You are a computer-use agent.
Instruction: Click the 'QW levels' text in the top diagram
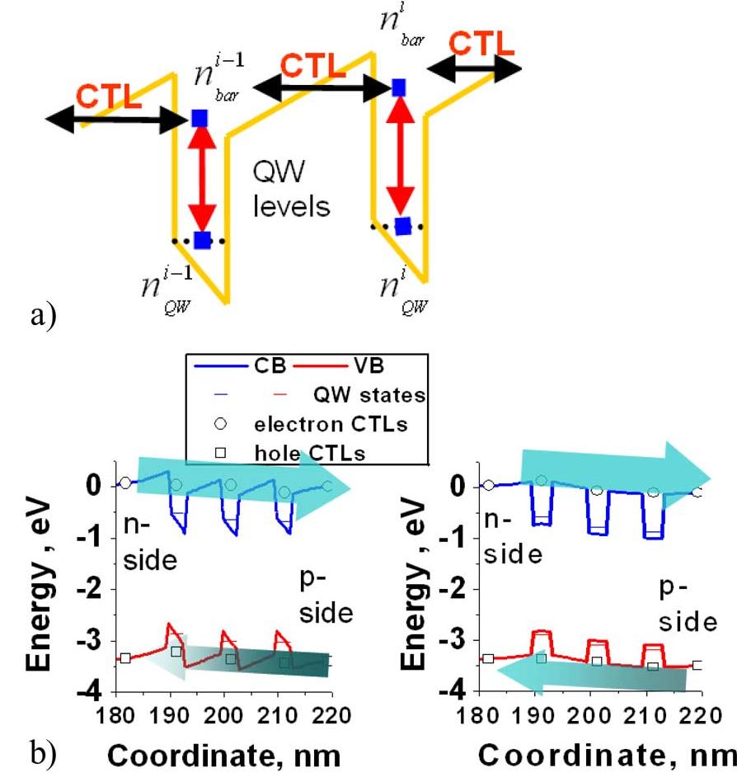(291, 189)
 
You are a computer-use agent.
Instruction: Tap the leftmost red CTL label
(109, 96)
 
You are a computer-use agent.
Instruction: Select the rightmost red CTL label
(481, 43)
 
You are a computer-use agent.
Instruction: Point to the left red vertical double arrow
(202, 179)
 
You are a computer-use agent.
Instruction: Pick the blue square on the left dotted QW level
(202, 240)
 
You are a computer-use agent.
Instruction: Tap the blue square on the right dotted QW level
(403, 226)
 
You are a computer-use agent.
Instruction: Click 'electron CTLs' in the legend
(331, 425)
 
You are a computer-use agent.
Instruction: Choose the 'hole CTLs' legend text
(309, 453)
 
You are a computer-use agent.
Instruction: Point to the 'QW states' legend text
(369, 395)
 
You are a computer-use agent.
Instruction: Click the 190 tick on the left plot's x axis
(171, 716)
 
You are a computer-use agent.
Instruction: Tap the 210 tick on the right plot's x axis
(646, 716)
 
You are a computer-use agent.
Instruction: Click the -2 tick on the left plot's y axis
(89, 589)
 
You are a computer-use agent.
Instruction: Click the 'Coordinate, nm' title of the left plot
(224, 756)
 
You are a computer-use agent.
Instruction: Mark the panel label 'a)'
(44, 315)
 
